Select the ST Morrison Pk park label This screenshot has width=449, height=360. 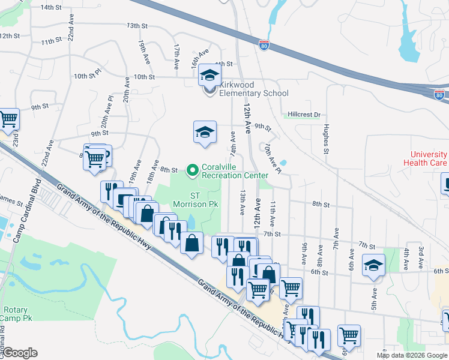pyautogui.click(x=203, y=200)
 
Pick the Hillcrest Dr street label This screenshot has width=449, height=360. pyautogui.click(x=304, y=114)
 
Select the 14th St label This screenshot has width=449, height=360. pyautogui.click(x=51, y=7)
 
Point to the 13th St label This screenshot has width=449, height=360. pyautogui.click(x=137, y=26)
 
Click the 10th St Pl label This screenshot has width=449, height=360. pyautogui.click(x=88, y=76)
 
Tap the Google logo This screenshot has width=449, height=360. pyautogui.click(x=20, y=353)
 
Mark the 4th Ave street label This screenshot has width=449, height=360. pyautogui.click(x=406, y=259)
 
